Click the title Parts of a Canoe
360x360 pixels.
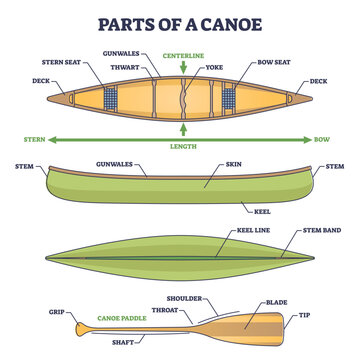click(180, 19)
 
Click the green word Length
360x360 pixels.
click(183, 148)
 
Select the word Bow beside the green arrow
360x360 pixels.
click(322, 139)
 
